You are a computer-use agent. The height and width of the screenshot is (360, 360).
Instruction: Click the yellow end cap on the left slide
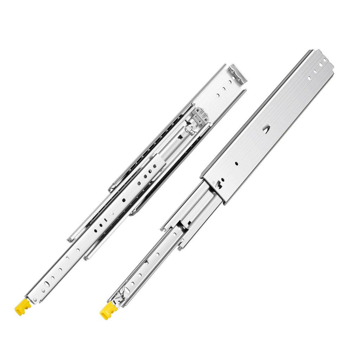[x=22, y=307]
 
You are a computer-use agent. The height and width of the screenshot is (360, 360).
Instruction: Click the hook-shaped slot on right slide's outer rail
[x=220, y=182]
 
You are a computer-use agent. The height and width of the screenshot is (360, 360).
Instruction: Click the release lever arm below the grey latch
[x=181, y=135]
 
